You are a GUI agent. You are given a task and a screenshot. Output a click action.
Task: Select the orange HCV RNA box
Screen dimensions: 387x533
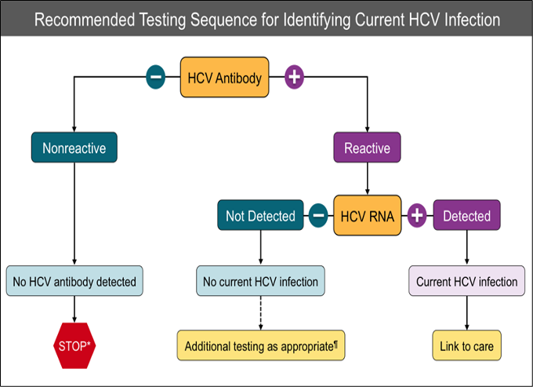(368, 215)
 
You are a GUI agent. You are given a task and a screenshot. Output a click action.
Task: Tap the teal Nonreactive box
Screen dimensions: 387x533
(74, 147)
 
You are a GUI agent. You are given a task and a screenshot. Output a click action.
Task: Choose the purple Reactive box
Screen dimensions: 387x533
(367, 147)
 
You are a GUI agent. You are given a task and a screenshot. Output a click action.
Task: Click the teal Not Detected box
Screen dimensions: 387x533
(260, 216)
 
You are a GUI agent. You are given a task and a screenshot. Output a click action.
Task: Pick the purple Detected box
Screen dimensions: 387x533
(466, 216)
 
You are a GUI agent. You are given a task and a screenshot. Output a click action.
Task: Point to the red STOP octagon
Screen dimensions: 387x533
(74, 345)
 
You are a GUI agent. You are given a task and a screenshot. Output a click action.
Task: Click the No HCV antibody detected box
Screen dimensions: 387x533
(74, 281)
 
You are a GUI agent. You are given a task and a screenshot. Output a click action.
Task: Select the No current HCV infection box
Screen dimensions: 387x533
(260, 281)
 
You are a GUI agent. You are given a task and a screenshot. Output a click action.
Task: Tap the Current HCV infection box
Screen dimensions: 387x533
(466, 281)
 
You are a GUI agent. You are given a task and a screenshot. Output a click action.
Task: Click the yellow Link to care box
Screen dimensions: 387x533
(466, 345)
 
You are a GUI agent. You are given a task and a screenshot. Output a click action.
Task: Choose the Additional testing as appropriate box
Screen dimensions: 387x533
(260, 345)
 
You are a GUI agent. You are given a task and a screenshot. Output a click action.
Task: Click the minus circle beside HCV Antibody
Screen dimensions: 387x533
(155, 77)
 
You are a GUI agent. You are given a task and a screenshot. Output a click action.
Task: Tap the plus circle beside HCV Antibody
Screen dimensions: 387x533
(294, 77)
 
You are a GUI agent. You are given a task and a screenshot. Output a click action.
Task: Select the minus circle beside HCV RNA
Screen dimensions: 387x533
(318, 215)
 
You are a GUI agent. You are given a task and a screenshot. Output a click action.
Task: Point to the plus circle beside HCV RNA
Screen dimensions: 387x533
(417, 215)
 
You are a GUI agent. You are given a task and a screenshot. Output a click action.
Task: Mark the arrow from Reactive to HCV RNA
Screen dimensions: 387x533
(367, 178)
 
